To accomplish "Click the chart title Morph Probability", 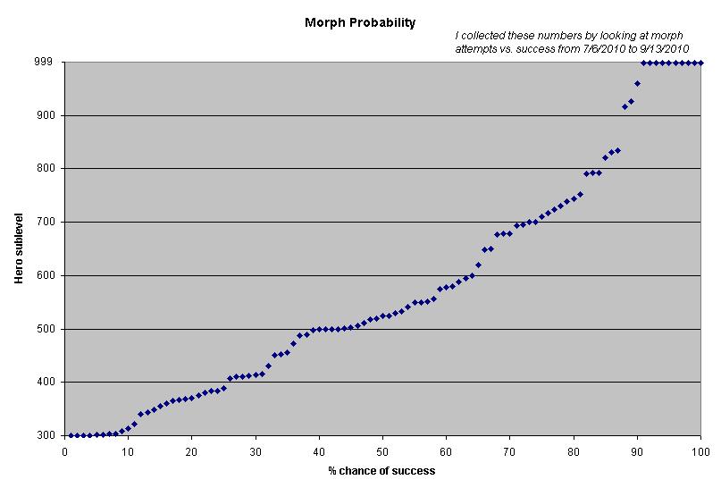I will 360,22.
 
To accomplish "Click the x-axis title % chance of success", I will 382,470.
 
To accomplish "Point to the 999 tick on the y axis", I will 45,63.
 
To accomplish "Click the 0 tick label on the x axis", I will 64,451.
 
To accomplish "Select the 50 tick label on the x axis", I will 382,451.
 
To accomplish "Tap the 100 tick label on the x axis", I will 700,451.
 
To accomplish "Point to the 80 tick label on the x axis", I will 573,451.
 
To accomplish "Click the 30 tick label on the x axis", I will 255,451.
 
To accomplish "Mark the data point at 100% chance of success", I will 700,63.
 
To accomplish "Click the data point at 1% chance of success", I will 71,435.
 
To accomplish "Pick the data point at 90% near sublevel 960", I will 637,83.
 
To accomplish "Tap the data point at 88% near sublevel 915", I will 625,106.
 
